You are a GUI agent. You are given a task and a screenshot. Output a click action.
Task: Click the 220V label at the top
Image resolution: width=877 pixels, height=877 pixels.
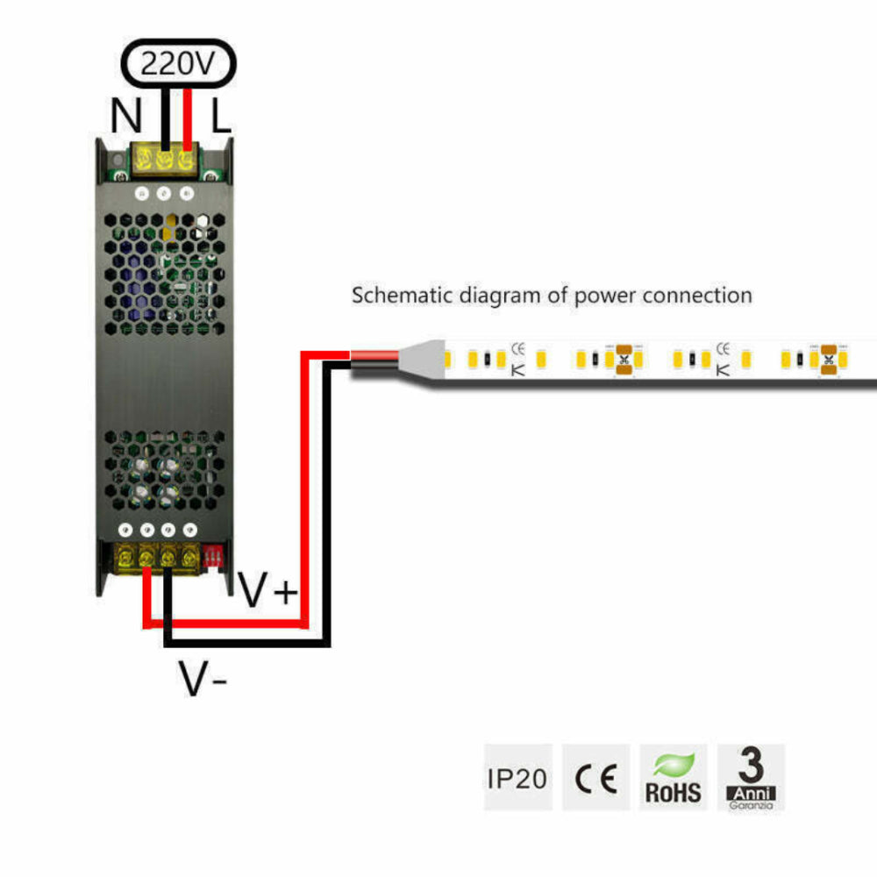click(177, 64)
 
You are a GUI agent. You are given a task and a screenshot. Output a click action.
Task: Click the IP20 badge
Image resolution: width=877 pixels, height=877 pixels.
click(517, 778)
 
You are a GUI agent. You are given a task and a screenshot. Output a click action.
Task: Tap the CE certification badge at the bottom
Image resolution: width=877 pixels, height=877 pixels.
click(595, 778)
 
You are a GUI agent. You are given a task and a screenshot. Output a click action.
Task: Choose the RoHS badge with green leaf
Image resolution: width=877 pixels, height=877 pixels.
click(674, 778)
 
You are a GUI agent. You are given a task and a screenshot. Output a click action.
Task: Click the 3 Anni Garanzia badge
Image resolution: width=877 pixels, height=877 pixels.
click(751, 778)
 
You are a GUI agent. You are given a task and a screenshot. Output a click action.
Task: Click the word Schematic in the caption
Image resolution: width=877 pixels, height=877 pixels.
click(392, 296)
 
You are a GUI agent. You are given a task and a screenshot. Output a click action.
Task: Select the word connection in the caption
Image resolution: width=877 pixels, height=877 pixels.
click(697, 296)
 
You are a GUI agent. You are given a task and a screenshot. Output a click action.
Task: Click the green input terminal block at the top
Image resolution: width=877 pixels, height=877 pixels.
click(163, 161)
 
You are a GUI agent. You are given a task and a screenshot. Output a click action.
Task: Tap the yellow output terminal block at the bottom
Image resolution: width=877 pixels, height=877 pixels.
click(157, 556)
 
